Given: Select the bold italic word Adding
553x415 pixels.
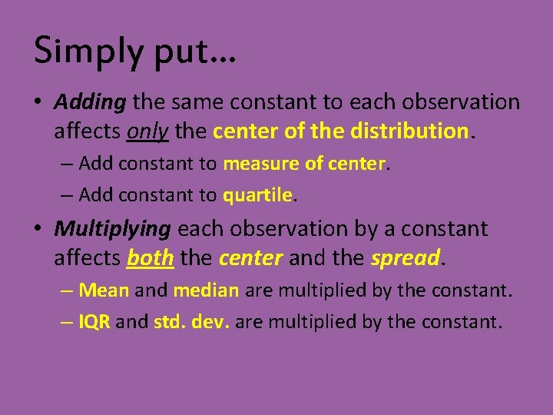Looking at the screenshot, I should pos(89,101).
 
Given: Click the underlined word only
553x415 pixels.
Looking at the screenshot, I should pos(148,131).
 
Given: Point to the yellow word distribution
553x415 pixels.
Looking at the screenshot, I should pos(409,131).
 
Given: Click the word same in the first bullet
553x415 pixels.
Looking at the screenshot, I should pos(197,101).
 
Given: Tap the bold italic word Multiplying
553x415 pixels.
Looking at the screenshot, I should pos(112,228).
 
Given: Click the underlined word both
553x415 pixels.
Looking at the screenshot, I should pos(150,258).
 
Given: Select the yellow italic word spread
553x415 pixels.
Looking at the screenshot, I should pos(406,258).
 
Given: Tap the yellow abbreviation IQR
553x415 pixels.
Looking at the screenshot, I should pos(95,321).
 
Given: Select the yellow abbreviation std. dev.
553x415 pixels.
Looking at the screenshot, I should pos(191,321).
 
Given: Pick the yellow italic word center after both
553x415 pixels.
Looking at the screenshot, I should pos(250,258).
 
